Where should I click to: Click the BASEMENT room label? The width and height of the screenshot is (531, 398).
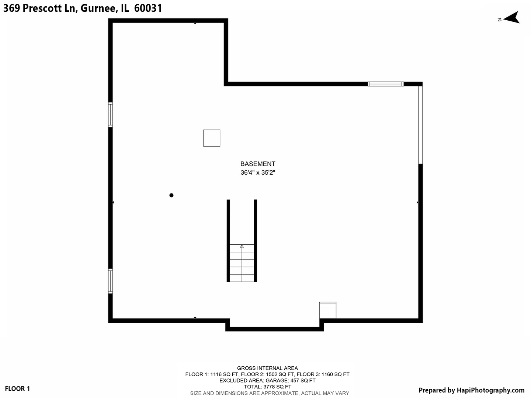tap(258, 164)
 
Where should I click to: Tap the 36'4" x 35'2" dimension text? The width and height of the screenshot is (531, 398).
tap(258, 172)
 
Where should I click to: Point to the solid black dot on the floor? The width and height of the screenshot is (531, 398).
tap(171, 195)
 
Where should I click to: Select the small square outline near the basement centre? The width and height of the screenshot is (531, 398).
tap(212, 138)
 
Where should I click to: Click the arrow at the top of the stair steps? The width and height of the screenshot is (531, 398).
tap(242, 246)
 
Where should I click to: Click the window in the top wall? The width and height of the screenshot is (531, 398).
tap(386, 84)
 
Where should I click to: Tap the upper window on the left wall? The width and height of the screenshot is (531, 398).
tap(110, 115)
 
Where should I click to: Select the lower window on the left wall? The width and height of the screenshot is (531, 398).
tap(110, 281)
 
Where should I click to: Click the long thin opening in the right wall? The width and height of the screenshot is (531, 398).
tap(420, 125)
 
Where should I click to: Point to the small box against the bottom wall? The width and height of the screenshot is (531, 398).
tap(328, 310)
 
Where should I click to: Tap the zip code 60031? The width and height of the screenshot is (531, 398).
tap(148, 8)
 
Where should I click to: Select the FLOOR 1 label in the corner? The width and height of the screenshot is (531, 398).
tap(17, 389)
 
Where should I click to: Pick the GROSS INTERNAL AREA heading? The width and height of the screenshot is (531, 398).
tap(267, 368)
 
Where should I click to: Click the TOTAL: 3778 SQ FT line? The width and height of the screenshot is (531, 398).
tap(267, 387)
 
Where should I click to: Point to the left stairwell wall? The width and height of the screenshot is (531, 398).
tap(228, 241)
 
